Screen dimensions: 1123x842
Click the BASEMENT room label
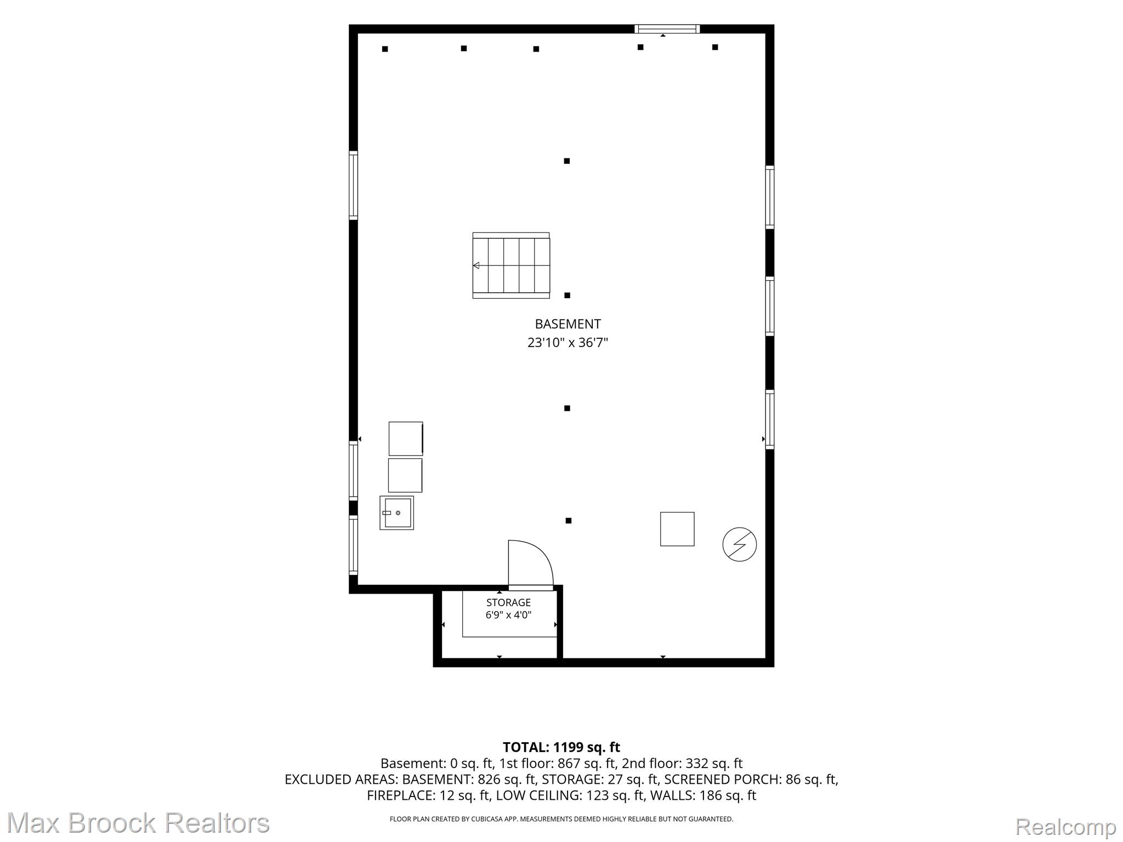(568, 324)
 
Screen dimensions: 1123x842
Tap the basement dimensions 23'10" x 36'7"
(568, 343)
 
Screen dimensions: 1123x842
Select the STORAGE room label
(508, 602)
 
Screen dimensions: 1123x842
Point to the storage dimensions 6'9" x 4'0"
(508, 615)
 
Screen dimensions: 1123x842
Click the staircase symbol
(511, 265)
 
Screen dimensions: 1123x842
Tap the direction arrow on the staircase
(476, 265)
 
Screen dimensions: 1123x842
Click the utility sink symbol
(396, 513)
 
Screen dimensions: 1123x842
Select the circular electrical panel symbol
(740, 544)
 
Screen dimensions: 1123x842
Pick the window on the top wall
(667, 29)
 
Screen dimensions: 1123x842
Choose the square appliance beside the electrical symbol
(677, 529)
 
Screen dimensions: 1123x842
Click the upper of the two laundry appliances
(406, 439)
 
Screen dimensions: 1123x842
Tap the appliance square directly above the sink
(405, 475)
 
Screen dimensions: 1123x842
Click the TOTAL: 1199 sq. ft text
(561, 747)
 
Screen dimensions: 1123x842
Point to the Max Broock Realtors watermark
(138, 823)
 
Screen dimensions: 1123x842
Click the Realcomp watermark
(1066, 826)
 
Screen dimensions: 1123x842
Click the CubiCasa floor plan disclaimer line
(561, 819)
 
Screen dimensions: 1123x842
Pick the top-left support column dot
(385, 49)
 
